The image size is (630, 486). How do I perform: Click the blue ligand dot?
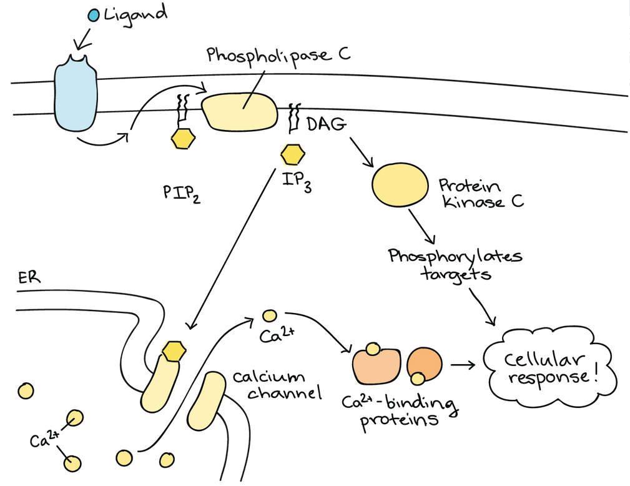(94, 14)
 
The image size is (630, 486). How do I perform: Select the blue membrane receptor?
(76, 93)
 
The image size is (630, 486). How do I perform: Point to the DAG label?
(325, 125)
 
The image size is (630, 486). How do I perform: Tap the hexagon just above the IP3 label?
(292, 153)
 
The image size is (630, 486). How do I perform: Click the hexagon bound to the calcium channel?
(172, 352)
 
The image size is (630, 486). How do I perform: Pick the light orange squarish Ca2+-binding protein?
(377, 366)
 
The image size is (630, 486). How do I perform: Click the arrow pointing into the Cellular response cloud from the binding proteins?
(463, 364)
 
